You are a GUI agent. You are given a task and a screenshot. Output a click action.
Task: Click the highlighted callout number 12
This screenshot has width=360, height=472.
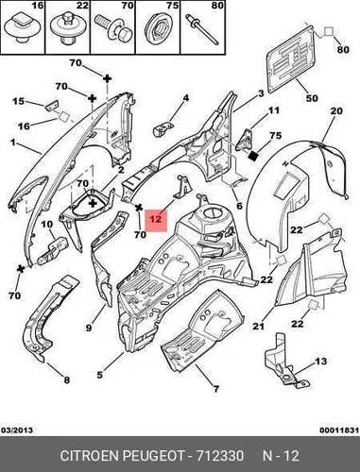point(156,218)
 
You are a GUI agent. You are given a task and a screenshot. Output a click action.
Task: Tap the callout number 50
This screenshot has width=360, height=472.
point(312,98)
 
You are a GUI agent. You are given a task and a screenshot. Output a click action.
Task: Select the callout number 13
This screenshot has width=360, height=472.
point(320,362)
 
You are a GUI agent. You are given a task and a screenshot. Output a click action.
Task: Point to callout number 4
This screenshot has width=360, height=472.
point(186,98)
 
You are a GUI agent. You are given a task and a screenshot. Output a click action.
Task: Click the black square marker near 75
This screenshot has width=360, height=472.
point(254,156)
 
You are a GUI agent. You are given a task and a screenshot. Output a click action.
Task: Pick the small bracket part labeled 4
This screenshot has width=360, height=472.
point(163,129)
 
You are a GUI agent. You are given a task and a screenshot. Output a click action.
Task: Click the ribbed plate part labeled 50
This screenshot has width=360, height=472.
point(290,59)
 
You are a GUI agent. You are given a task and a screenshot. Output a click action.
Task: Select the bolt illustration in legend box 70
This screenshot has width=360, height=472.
point(112,26)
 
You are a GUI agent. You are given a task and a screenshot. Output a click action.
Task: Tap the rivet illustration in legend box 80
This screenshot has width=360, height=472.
point(202,29)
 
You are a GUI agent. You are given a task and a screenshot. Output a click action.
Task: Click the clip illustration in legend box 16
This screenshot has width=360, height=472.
point(23,29)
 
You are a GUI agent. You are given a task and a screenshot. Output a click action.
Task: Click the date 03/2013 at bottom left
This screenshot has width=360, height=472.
point(17,430)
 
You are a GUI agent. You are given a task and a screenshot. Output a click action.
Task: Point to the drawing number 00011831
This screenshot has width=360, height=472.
point(339,430)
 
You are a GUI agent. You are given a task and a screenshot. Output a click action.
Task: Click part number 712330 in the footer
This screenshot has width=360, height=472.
point(220,456)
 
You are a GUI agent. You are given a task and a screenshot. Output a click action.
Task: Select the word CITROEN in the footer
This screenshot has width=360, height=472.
point(89,456)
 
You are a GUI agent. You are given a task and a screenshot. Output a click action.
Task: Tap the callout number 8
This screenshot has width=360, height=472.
point(66,379)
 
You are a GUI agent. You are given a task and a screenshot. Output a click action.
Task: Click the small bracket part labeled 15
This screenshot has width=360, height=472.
point(51,105)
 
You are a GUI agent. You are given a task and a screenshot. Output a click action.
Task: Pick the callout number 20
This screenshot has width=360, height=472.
point(336,110)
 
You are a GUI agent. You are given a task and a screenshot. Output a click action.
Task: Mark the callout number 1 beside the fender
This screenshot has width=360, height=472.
point(12,143)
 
